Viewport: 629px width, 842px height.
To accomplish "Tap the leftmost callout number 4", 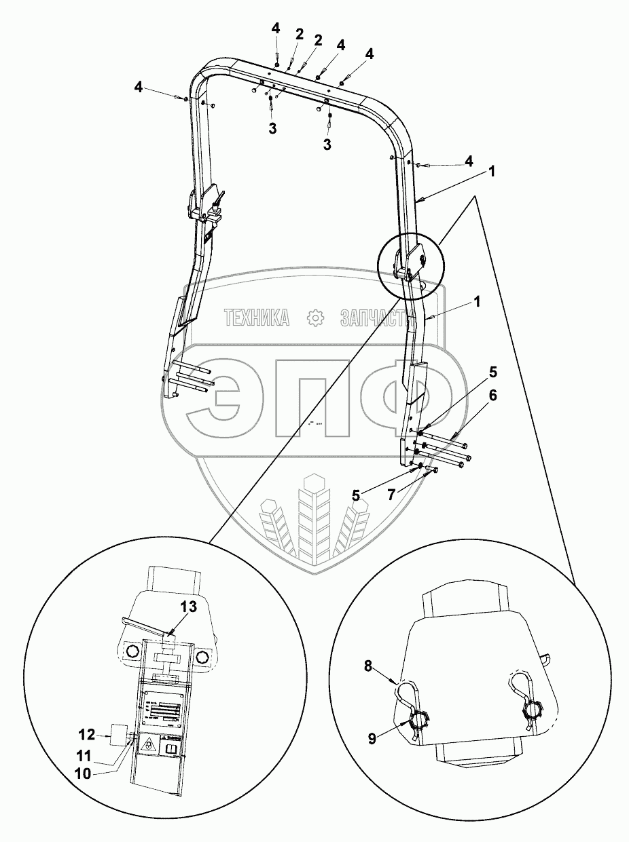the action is click(139, 88).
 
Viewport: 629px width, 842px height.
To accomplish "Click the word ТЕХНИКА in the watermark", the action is click(256, 317).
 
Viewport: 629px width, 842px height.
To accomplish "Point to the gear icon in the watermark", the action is click(314, 317).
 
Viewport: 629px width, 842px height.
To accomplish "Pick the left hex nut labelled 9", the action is click(418, 717).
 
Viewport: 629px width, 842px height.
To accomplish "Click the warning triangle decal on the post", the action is click(147, 746).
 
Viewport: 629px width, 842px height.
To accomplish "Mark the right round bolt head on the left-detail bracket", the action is click(202, 655).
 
